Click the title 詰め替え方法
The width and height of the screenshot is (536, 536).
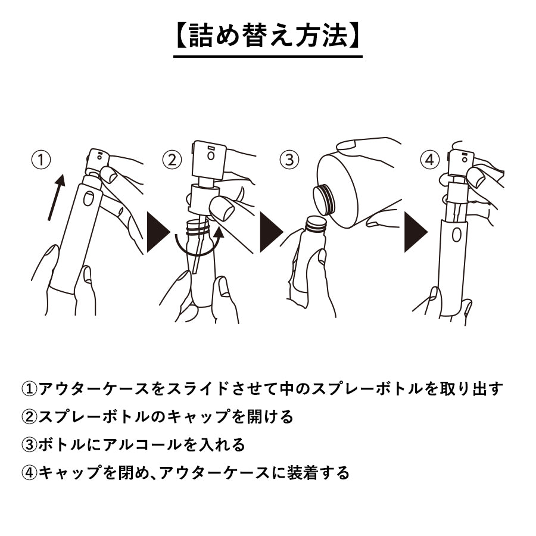coord(267,35)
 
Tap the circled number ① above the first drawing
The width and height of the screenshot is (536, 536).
coord(41,160)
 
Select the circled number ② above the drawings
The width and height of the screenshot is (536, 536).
coord(172,160)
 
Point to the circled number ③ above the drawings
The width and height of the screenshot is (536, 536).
coord(289,160)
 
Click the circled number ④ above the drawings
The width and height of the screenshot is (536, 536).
coord(429,160)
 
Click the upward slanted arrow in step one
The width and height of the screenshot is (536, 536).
coord(57,197)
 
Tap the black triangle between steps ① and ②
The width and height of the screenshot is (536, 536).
coord(158,232)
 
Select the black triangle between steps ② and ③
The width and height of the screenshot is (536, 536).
coord(271,232)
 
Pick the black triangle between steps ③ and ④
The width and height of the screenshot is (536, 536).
coord(416,232)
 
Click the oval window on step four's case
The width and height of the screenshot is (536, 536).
coord(456,235)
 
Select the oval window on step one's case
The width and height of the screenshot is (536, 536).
coord(89,198)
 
